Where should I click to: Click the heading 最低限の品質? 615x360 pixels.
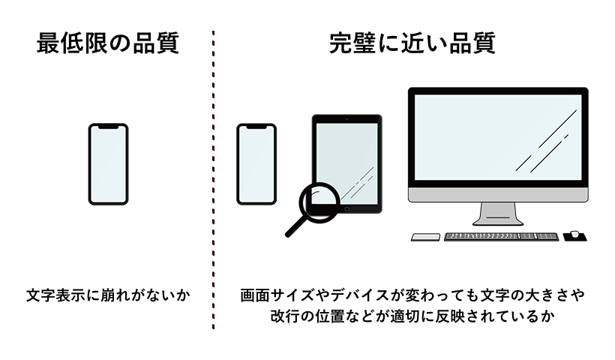[x=108, y=43]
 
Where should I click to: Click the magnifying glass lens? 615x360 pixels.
[x=319, y=199]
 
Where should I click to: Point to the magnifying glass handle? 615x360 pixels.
[x=297, y=226]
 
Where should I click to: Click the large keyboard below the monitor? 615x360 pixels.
[x=501, y=236]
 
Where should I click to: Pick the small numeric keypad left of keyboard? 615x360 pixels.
[x=425, y=237]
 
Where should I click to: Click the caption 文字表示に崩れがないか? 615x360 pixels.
[x=108, y=295]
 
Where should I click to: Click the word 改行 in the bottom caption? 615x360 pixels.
[x=286, y=316]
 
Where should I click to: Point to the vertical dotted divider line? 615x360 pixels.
[x=214, y=180]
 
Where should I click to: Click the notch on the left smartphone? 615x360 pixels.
[x=109, y=127]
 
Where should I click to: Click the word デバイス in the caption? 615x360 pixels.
[x=367, y=295]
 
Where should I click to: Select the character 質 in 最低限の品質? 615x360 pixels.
[x=168, y=43]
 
